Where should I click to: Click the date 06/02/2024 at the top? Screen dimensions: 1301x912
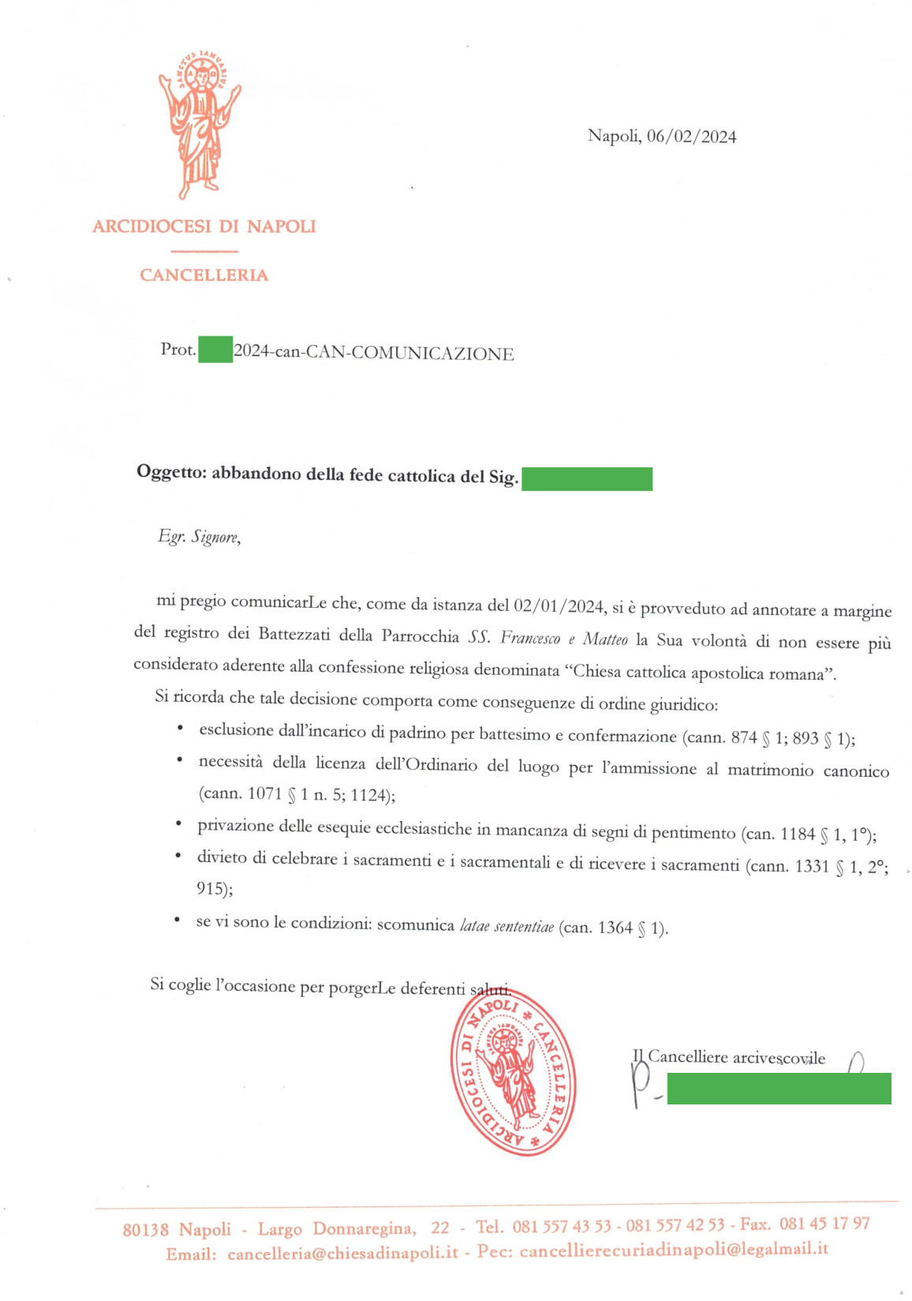[691, 137]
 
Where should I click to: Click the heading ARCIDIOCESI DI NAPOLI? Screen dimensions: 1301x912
[204, 227]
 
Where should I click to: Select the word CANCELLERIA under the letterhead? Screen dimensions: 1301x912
[204, 275]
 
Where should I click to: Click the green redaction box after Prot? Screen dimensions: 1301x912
[215, 349]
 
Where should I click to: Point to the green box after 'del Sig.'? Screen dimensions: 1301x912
[586, 478]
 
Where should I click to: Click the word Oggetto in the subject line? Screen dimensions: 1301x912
[170, 472]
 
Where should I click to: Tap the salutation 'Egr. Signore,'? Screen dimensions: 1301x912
[199, 537]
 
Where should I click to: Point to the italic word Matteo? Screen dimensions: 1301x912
[605, 639]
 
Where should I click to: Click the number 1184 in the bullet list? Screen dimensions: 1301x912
[797, 834]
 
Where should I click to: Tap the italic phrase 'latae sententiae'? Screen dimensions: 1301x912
[506, 926]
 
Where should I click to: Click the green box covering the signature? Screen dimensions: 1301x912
[779, 1088]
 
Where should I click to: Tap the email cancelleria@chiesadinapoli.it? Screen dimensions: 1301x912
[342, 1253]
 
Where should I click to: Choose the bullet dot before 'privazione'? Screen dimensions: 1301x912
[178, 824]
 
